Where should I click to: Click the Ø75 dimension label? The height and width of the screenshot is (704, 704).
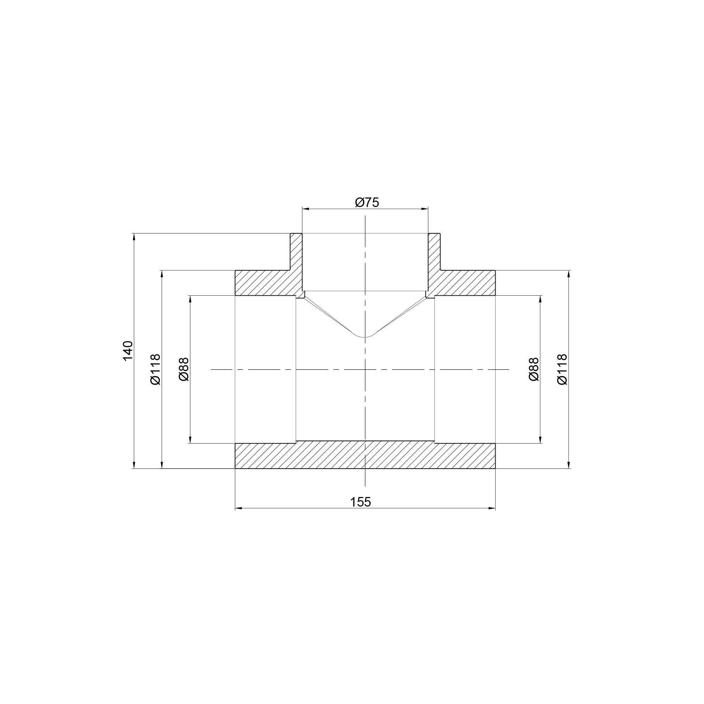367,202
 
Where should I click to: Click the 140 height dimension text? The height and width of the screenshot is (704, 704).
128,351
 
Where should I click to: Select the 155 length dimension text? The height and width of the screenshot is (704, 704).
360,502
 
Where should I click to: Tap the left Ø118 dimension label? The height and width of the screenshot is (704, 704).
155,369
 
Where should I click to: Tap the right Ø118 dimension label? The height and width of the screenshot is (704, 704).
562,369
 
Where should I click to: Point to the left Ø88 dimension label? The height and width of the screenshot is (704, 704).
184,369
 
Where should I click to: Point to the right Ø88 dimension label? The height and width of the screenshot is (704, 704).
534,369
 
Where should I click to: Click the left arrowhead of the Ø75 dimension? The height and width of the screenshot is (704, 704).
305,209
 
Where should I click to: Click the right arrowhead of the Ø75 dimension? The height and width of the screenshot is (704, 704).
425,209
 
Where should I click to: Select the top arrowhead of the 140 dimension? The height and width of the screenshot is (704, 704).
134,237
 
